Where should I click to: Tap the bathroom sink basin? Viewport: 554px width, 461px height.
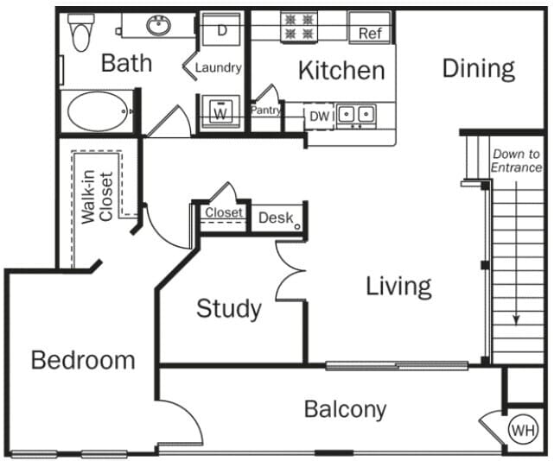[158, 28]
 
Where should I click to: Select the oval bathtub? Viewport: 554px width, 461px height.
[97, 111]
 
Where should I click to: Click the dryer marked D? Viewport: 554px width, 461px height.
[222, 30]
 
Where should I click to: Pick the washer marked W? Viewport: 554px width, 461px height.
[221, 112]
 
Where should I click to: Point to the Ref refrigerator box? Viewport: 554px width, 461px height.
[369, 33]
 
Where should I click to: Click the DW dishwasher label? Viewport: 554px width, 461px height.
[318, 115]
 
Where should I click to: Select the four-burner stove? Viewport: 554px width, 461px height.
[298, 26]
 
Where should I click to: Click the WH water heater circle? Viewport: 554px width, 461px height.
[522, 429]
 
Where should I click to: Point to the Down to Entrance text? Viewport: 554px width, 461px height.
[516, 161]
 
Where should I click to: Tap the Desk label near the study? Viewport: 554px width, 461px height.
[276, 218]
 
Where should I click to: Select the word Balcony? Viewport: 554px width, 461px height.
[345, 409]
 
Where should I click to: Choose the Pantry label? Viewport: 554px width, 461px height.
[266, 111]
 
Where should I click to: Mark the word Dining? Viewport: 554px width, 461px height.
[478, 68]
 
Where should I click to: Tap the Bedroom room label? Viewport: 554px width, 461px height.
[83, 360]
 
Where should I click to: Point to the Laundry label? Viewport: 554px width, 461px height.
[218, 67]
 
